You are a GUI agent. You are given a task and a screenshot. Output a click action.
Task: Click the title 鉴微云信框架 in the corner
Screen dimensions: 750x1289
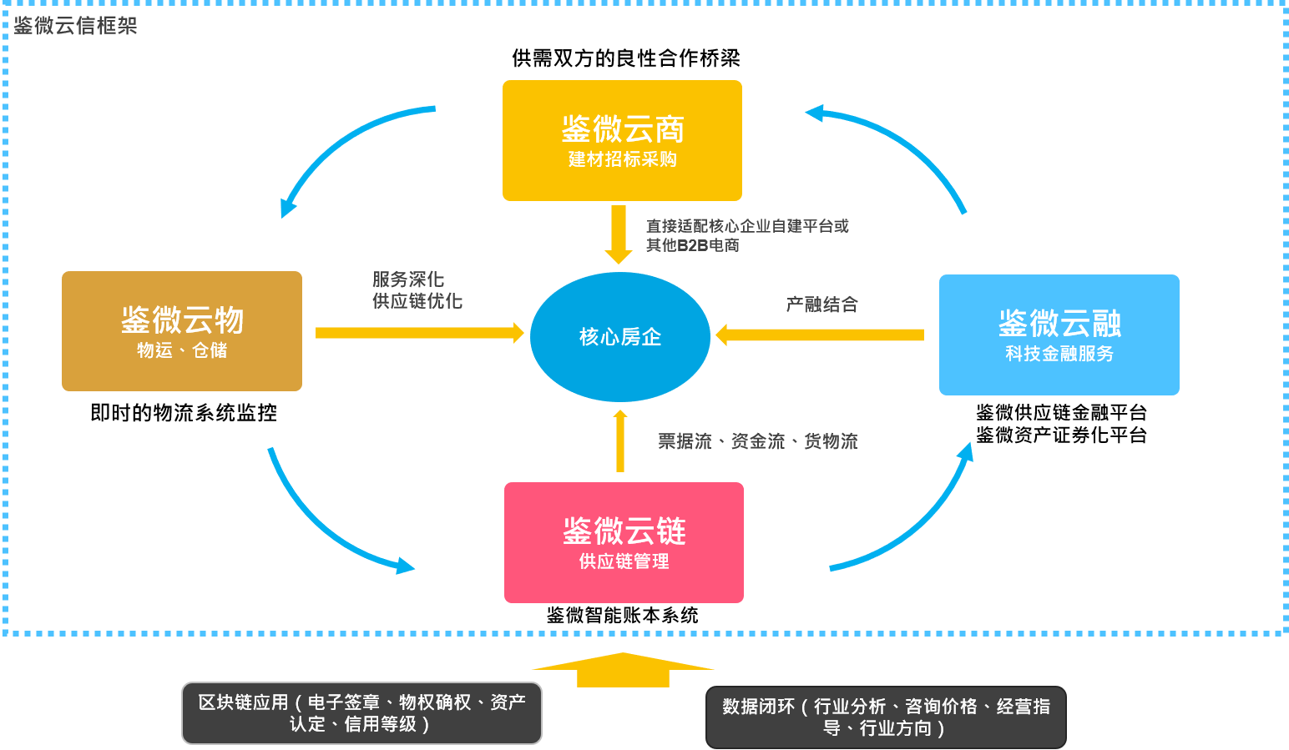point(75,26)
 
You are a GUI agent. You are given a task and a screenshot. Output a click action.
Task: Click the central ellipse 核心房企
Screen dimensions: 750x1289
point(620,337)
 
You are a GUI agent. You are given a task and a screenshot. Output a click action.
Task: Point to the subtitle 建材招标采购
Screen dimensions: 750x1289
point(622,159)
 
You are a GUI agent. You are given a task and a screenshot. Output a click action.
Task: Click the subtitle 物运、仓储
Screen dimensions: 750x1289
point(182,350)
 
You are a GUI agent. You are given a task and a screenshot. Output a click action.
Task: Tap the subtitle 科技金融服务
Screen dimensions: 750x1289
point(1059,354)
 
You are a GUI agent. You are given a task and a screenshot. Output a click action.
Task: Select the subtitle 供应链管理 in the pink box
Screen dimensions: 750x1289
point(624,561)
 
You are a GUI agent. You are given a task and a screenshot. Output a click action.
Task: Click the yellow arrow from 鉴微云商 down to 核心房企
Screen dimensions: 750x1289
point(618,234)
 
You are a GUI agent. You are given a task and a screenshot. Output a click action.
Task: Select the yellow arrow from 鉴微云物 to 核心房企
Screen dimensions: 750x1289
point(417,333)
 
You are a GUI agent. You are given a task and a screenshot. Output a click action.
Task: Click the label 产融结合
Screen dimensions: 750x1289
point(821,305)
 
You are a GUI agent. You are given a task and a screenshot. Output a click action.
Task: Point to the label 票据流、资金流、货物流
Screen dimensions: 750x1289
point(757,441)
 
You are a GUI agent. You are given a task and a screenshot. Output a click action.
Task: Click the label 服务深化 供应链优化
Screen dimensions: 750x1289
point(417,289)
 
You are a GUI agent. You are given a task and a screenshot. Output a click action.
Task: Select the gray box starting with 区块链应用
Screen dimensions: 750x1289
point(361,713)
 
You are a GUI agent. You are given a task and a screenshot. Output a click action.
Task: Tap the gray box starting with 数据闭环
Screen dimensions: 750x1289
point(886,717)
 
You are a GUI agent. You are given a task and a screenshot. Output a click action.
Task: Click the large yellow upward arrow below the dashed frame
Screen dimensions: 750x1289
point(623,670)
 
